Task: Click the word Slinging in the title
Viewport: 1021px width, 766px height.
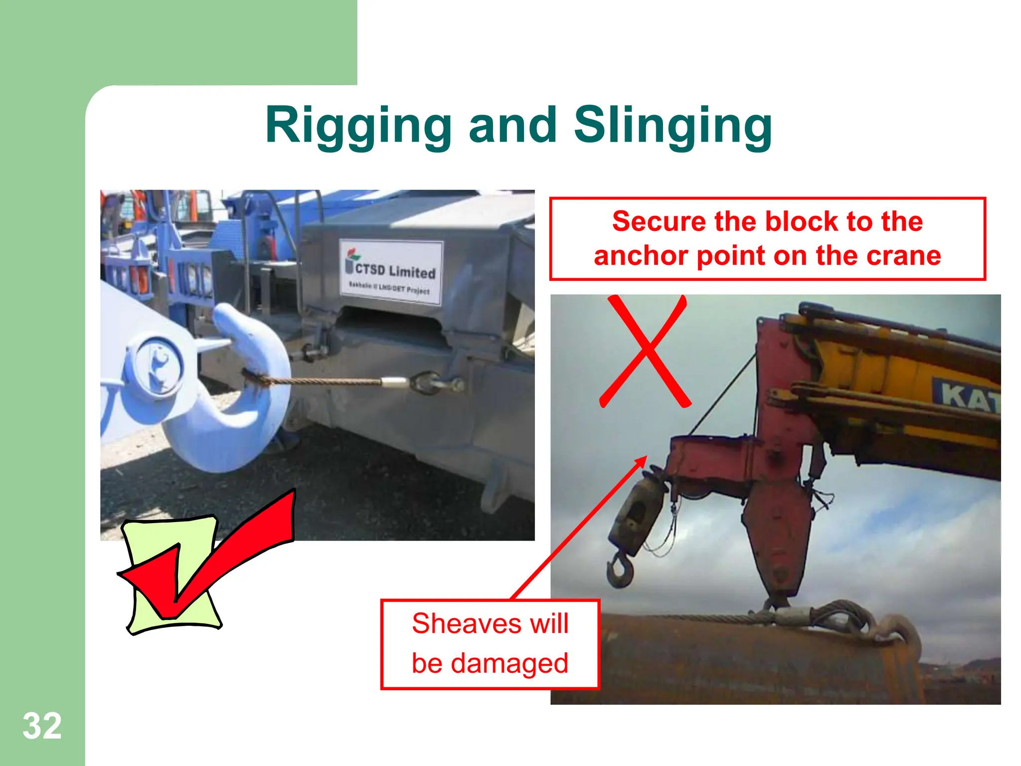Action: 673,126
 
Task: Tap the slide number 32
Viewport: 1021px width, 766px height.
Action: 42,726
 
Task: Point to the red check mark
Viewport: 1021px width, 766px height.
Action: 209,554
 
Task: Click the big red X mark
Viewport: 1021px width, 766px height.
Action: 645,351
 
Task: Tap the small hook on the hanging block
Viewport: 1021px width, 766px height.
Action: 620,571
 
